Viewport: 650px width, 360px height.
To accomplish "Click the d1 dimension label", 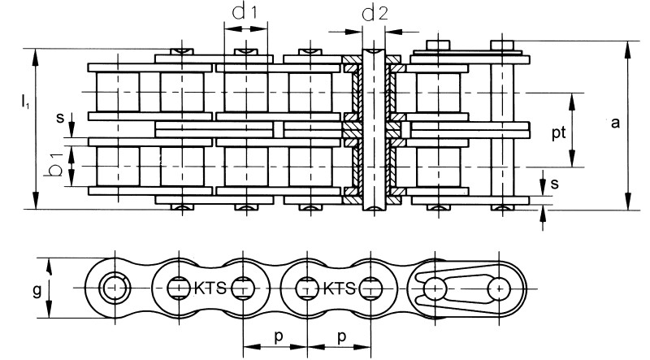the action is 245,11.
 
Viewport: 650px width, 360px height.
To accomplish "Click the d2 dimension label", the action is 375,13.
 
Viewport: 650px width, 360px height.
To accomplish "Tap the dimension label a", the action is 615,124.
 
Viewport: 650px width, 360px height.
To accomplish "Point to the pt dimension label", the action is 558,133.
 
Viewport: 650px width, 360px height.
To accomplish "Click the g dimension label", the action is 37,291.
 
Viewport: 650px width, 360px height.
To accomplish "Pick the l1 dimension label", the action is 25,102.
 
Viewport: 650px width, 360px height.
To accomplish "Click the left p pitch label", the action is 279,336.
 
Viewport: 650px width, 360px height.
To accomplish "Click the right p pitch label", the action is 341,336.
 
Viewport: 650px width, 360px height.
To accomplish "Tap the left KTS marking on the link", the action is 210,288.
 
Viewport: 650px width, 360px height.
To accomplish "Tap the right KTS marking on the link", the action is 339,288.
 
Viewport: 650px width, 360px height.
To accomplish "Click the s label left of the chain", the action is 60,118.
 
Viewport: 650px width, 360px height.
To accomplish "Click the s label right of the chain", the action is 555,184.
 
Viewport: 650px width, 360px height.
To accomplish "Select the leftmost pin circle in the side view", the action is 115,288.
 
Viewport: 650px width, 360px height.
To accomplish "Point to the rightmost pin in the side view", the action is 499,288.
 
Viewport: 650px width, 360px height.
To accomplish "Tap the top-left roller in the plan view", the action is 118,92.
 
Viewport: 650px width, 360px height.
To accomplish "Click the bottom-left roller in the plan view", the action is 118,167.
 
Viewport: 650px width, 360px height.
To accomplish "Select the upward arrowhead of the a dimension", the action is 628,50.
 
